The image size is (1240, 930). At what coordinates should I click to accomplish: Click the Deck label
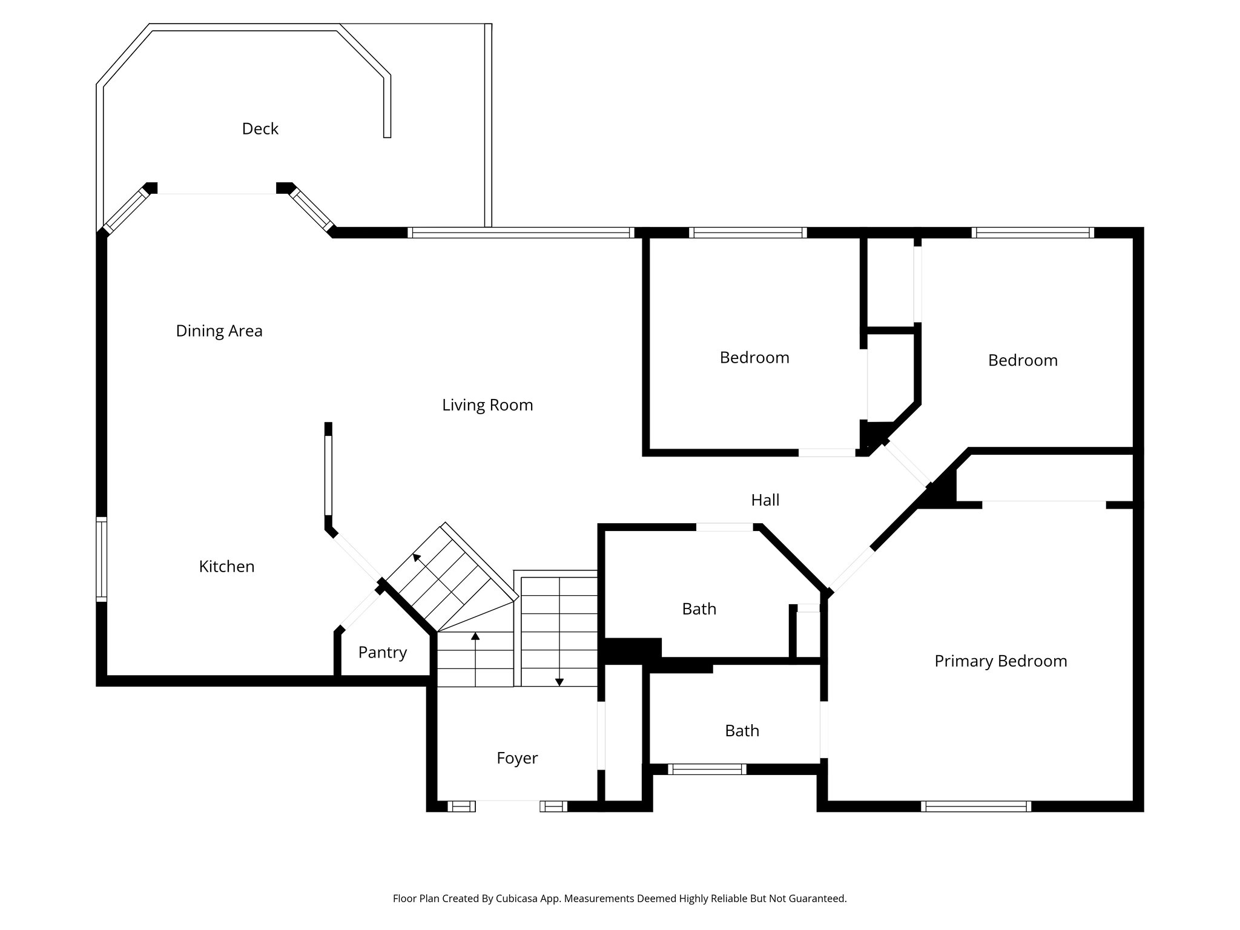[260, 129]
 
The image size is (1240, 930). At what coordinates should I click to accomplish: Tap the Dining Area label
[219, 331]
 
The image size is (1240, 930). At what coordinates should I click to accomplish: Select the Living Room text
[487, 405]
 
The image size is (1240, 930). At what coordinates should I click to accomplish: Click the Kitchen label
[226, 567]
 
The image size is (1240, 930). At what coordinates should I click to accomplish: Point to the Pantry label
[382, 653]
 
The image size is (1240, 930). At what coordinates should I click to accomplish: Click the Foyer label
[516, 758]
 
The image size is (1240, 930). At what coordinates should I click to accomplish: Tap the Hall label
[765, 500]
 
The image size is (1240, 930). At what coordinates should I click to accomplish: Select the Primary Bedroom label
[1000, 661]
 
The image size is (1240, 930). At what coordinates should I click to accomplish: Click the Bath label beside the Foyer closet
[742, 731]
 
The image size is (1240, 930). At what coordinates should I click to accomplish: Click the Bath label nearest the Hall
[699, 609]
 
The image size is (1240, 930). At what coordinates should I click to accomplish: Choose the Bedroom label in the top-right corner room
[1022, 361]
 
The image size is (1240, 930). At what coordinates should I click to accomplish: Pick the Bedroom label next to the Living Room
[754, 358]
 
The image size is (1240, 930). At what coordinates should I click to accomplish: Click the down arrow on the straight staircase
[559, 681]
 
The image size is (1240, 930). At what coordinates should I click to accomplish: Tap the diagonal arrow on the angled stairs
[417, 558]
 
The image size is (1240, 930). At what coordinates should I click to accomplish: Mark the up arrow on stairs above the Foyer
[475, 638]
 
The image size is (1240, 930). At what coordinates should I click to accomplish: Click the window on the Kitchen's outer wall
[102, 559]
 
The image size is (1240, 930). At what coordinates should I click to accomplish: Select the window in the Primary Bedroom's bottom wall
[975, 806]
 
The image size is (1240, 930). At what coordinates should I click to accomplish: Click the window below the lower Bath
[707, 770]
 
